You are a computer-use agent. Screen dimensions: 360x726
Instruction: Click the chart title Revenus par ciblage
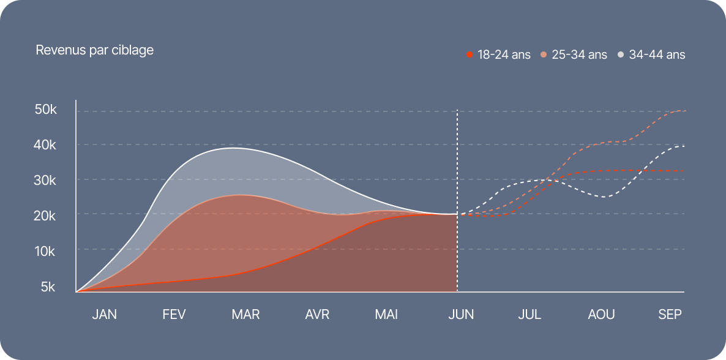(94, 50)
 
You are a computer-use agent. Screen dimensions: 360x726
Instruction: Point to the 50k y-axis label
(46, 110)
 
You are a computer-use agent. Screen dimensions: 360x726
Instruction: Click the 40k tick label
(46, 146)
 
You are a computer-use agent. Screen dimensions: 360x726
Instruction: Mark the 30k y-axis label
(46, 181)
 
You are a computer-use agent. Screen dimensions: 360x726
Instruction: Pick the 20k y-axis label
(46, 216)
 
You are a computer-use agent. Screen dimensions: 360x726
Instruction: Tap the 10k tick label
(46, 251)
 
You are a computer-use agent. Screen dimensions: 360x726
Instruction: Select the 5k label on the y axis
(48, 287)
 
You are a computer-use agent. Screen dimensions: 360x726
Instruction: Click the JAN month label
(104, 315)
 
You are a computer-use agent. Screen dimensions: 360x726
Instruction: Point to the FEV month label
(174, 315)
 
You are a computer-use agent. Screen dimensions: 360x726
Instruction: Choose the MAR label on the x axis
(245, 315)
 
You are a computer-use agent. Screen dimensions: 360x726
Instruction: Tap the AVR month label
(317, 315)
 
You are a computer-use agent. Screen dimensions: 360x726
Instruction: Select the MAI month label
(386, 315)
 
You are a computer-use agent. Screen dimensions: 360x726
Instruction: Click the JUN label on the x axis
(461, 315)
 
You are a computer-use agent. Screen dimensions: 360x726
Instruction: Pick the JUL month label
(530, 315)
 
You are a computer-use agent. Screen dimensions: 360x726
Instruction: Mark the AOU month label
(601, 315)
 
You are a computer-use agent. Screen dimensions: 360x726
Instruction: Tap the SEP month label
(670, 315)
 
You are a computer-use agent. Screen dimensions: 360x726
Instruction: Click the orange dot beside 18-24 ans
(470, 54)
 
